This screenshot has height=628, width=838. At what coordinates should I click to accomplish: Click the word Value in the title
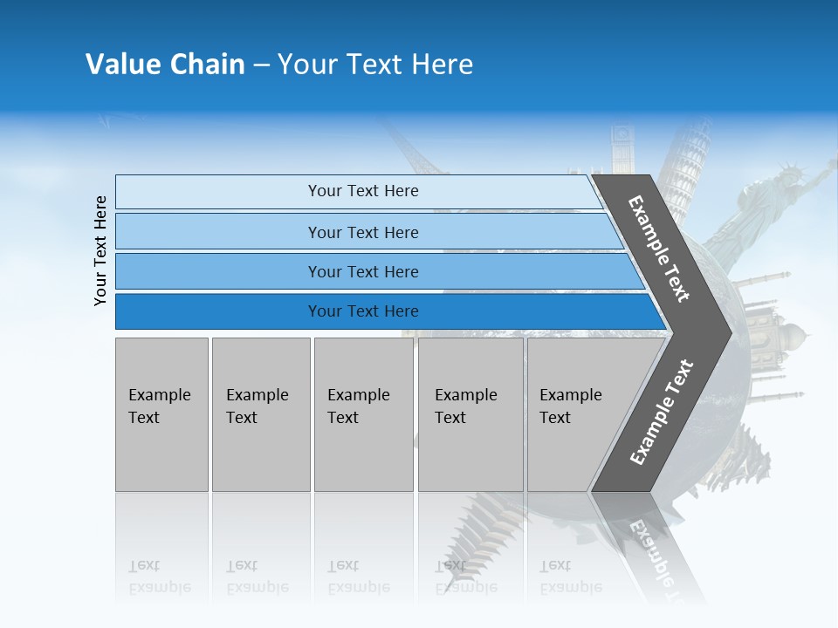click(x=121, y=65)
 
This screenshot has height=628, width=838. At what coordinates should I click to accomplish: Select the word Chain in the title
click(x=208, y=65)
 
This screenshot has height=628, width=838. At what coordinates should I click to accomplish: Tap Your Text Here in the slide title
click(x=375, y=65)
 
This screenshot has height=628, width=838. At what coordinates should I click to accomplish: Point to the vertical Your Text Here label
click(x=101, y=250)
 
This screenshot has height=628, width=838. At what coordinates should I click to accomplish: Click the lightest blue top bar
click(x=362, y=191)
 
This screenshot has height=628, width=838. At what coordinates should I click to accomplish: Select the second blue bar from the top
click(x=362, y=232)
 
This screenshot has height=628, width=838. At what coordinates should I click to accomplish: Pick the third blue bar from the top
click(x=362, y=271)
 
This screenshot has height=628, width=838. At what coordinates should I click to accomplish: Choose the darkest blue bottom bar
click(x=362, y=311)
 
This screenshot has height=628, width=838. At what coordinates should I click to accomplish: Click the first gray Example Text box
click(x=161, y=414)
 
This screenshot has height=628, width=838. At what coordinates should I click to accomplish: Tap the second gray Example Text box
click(x=260, y=414)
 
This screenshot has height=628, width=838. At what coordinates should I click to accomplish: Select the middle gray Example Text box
click(x=363, y=414)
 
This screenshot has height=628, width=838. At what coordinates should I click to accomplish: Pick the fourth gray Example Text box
click(x=470, y=414)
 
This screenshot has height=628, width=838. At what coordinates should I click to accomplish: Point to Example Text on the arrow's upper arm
click(x=659, y=249)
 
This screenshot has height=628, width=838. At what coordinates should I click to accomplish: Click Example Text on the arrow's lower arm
click(x=661, y=413)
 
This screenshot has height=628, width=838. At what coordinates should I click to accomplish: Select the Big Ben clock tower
click(x=622, y=148)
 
